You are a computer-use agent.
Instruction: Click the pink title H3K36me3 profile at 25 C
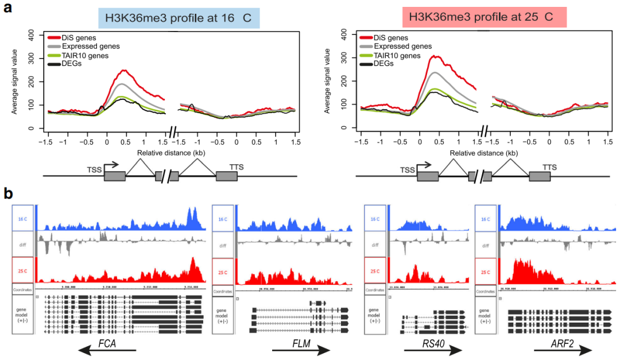pyautogui.click(x=485, y=17)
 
